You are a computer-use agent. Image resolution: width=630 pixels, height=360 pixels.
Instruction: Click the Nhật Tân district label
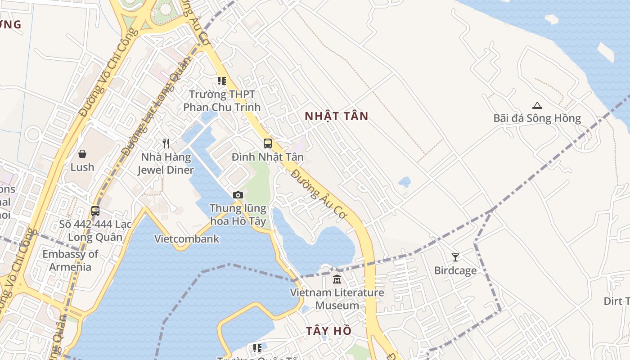336,116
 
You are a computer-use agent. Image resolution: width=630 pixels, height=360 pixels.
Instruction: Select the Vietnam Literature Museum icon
337,279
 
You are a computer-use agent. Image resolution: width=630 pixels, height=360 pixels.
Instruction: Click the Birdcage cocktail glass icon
455,257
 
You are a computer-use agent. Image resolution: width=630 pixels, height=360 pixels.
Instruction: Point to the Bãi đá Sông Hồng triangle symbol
537,106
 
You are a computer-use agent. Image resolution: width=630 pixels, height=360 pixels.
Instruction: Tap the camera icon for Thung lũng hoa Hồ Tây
238,195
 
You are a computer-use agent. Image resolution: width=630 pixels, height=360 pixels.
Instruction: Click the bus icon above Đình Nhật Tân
268,144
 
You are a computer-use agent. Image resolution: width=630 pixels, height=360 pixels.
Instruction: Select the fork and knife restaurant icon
166,144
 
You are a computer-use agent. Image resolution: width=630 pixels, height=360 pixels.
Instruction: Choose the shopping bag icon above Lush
82,154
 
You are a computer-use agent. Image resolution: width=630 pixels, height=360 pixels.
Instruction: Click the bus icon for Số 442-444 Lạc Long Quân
95,211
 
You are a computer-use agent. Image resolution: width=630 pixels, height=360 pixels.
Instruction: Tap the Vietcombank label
187,239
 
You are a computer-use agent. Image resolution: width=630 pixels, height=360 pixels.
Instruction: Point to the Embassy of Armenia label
70,261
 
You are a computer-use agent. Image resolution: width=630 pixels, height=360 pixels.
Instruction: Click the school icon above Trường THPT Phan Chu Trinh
221,81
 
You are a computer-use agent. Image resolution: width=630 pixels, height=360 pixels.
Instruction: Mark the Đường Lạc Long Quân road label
150,115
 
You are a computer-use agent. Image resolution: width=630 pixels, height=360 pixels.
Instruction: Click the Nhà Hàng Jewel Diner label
166,164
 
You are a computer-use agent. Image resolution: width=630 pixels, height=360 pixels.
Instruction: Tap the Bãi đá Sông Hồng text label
537,118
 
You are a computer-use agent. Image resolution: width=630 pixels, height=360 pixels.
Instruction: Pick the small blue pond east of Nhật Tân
404,182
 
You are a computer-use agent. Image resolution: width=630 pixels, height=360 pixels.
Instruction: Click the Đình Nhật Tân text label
268,157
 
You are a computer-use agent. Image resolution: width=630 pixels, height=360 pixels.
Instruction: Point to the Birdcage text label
455,271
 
